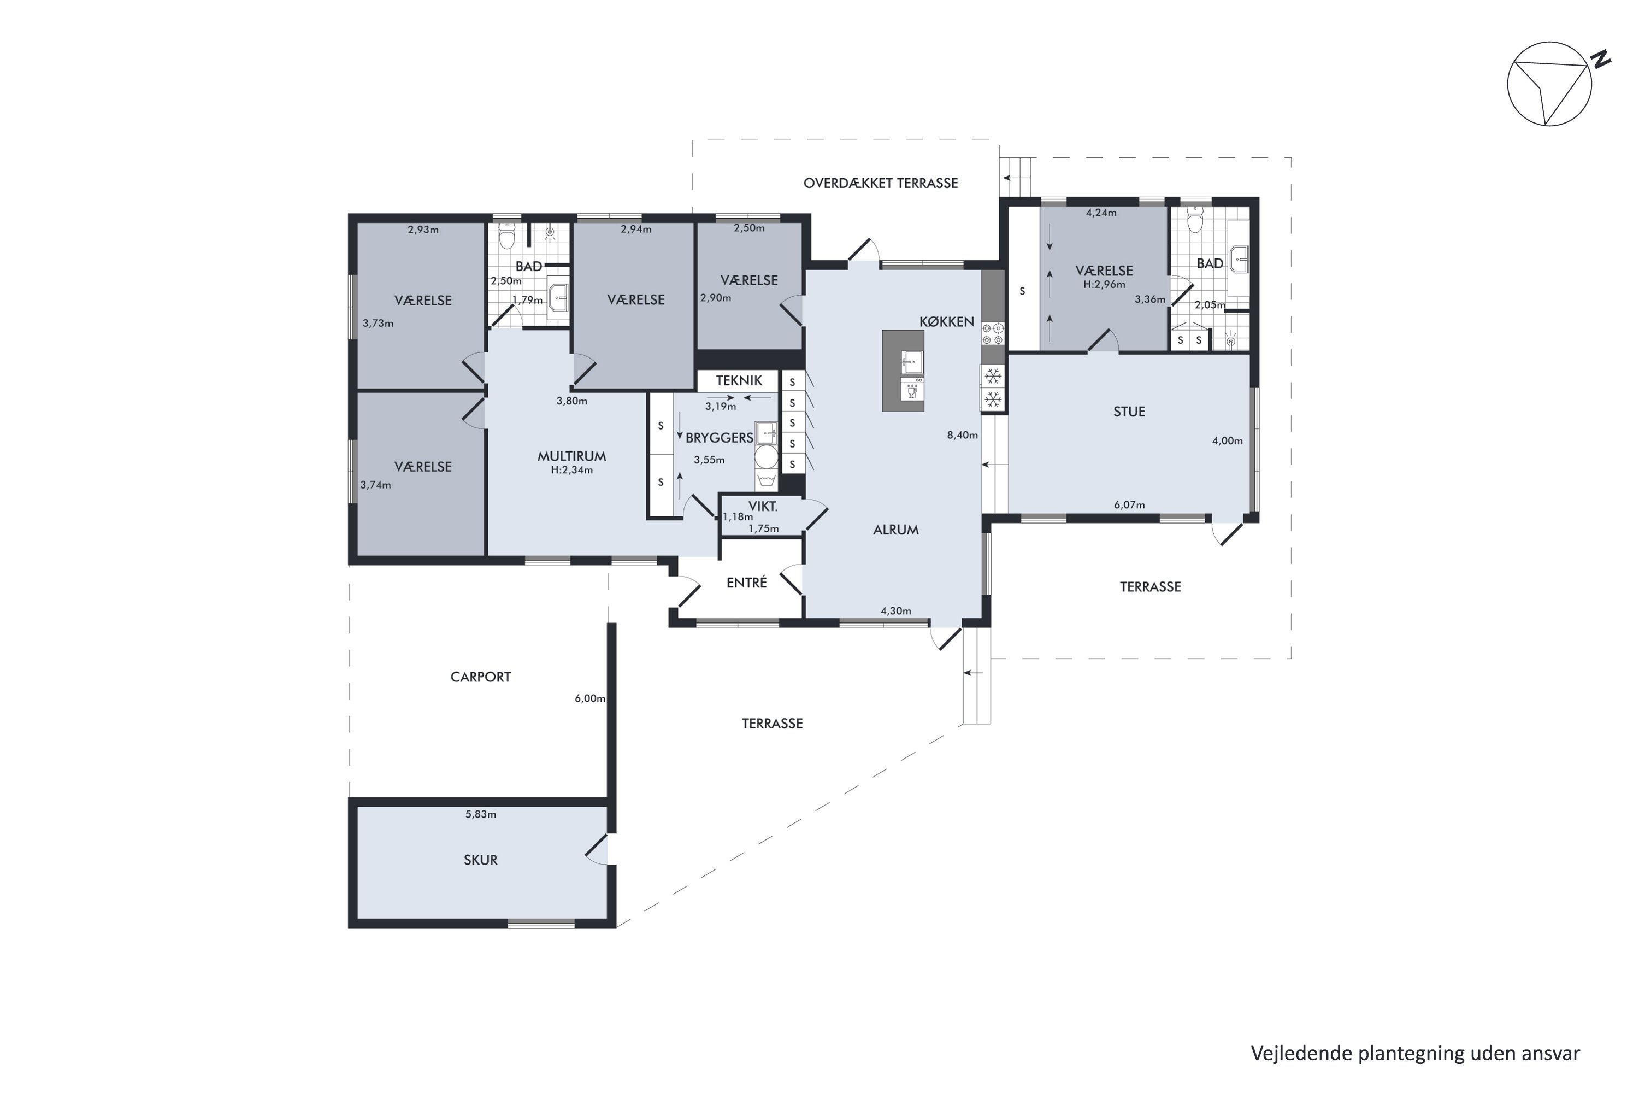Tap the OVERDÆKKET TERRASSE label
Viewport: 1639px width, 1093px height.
point(880,183)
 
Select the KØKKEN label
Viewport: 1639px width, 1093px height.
point(946,321)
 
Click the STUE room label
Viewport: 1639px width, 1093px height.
point(1129,412)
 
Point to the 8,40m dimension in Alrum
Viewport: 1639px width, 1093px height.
point(962,435)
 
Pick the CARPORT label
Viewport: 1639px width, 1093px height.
point(480,677)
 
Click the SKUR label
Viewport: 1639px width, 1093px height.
point(480,860)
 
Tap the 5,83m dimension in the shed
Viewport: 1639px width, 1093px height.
point(480,814)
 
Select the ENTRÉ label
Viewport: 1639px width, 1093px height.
point(746,582)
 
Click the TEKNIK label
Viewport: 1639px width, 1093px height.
point(739,380)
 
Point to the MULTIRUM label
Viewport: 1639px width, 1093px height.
point(571,456)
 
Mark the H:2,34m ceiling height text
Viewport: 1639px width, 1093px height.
point(571,471)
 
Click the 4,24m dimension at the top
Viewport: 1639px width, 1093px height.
point(1101,213)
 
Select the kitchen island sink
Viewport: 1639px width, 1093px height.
point(911,362)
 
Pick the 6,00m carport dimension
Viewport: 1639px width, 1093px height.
point(589,698)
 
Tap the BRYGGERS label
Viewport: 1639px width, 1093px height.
point(719,438)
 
